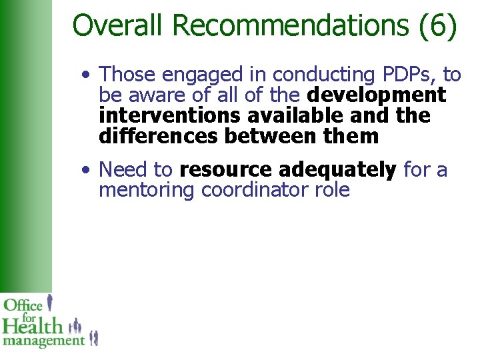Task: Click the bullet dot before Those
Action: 87,74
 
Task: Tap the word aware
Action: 157,95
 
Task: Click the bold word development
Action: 376,95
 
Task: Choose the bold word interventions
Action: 170,115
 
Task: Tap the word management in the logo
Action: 43,341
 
